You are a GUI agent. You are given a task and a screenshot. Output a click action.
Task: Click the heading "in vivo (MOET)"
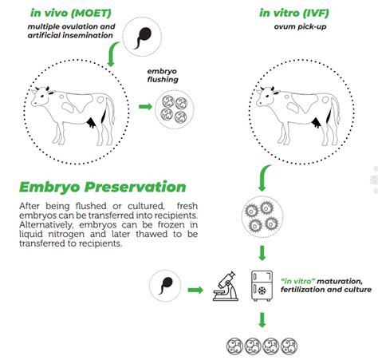71,13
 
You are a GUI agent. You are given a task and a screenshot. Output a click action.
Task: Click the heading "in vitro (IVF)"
294,13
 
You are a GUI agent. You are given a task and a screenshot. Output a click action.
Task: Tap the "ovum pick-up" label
300,26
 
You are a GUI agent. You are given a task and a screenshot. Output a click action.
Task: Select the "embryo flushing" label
163,75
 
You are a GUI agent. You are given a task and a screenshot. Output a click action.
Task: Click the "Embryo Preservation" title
103,187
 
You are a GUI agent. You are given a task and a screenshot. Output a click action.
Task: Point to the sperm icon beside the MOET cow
142,37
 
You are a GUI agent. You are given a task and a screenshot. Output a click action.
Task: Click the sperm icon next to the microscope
165,286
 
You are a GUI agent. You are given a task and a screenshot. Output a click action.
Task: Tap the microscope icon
226,286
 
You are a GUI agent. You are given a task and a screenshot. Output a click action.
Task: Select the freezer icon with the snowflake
262,286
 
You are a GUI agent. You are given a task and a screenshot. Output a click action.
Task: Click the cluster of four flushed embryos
174,109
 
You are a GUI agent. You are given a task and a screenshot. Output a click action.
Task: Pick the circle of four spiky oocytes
262,216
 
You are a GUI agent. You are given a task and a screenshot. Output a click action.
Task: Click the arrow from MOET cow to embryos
145,107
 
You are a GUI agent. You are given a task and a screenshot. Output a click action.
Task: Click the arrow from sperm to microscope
195,290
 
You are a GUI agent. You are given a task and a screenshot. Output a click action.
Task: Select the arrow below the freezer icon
262,320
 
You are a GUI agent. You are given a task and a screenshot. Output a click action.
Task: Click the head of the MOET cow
41,97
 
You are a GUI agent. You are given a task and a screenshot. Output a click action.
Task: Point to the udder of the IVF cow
316,123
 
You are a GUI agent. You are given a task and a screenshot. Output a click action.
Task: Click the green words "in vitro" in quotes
296,281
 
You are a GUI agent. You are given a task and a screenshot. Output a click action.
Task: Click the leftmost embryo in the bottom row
234,346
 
